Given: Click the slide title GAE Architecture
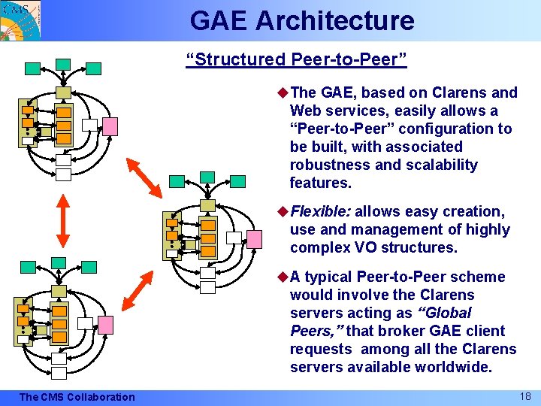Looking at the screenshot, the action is [x=302, y=20].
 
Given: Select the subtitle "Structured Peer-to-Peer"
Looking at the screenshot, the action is [x=296, y=59].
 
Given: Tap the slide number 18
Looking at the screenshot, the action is [x=524, y=395].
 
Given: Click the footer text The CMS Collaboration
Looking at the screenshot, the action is [x=77, y=397].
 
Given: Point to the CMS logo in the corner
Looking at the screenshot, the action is [x=20, y=20].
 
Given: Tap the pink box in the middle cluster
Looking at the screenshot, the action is [x=255, y=238].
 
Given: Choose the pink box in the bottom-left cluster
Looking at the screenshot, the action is [x=105, y=324].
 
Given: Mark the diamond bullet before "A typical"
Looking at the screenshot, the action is [x=283, y=277].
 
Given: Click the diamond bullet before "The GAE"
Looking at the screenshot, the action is [x=283, y=92].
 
